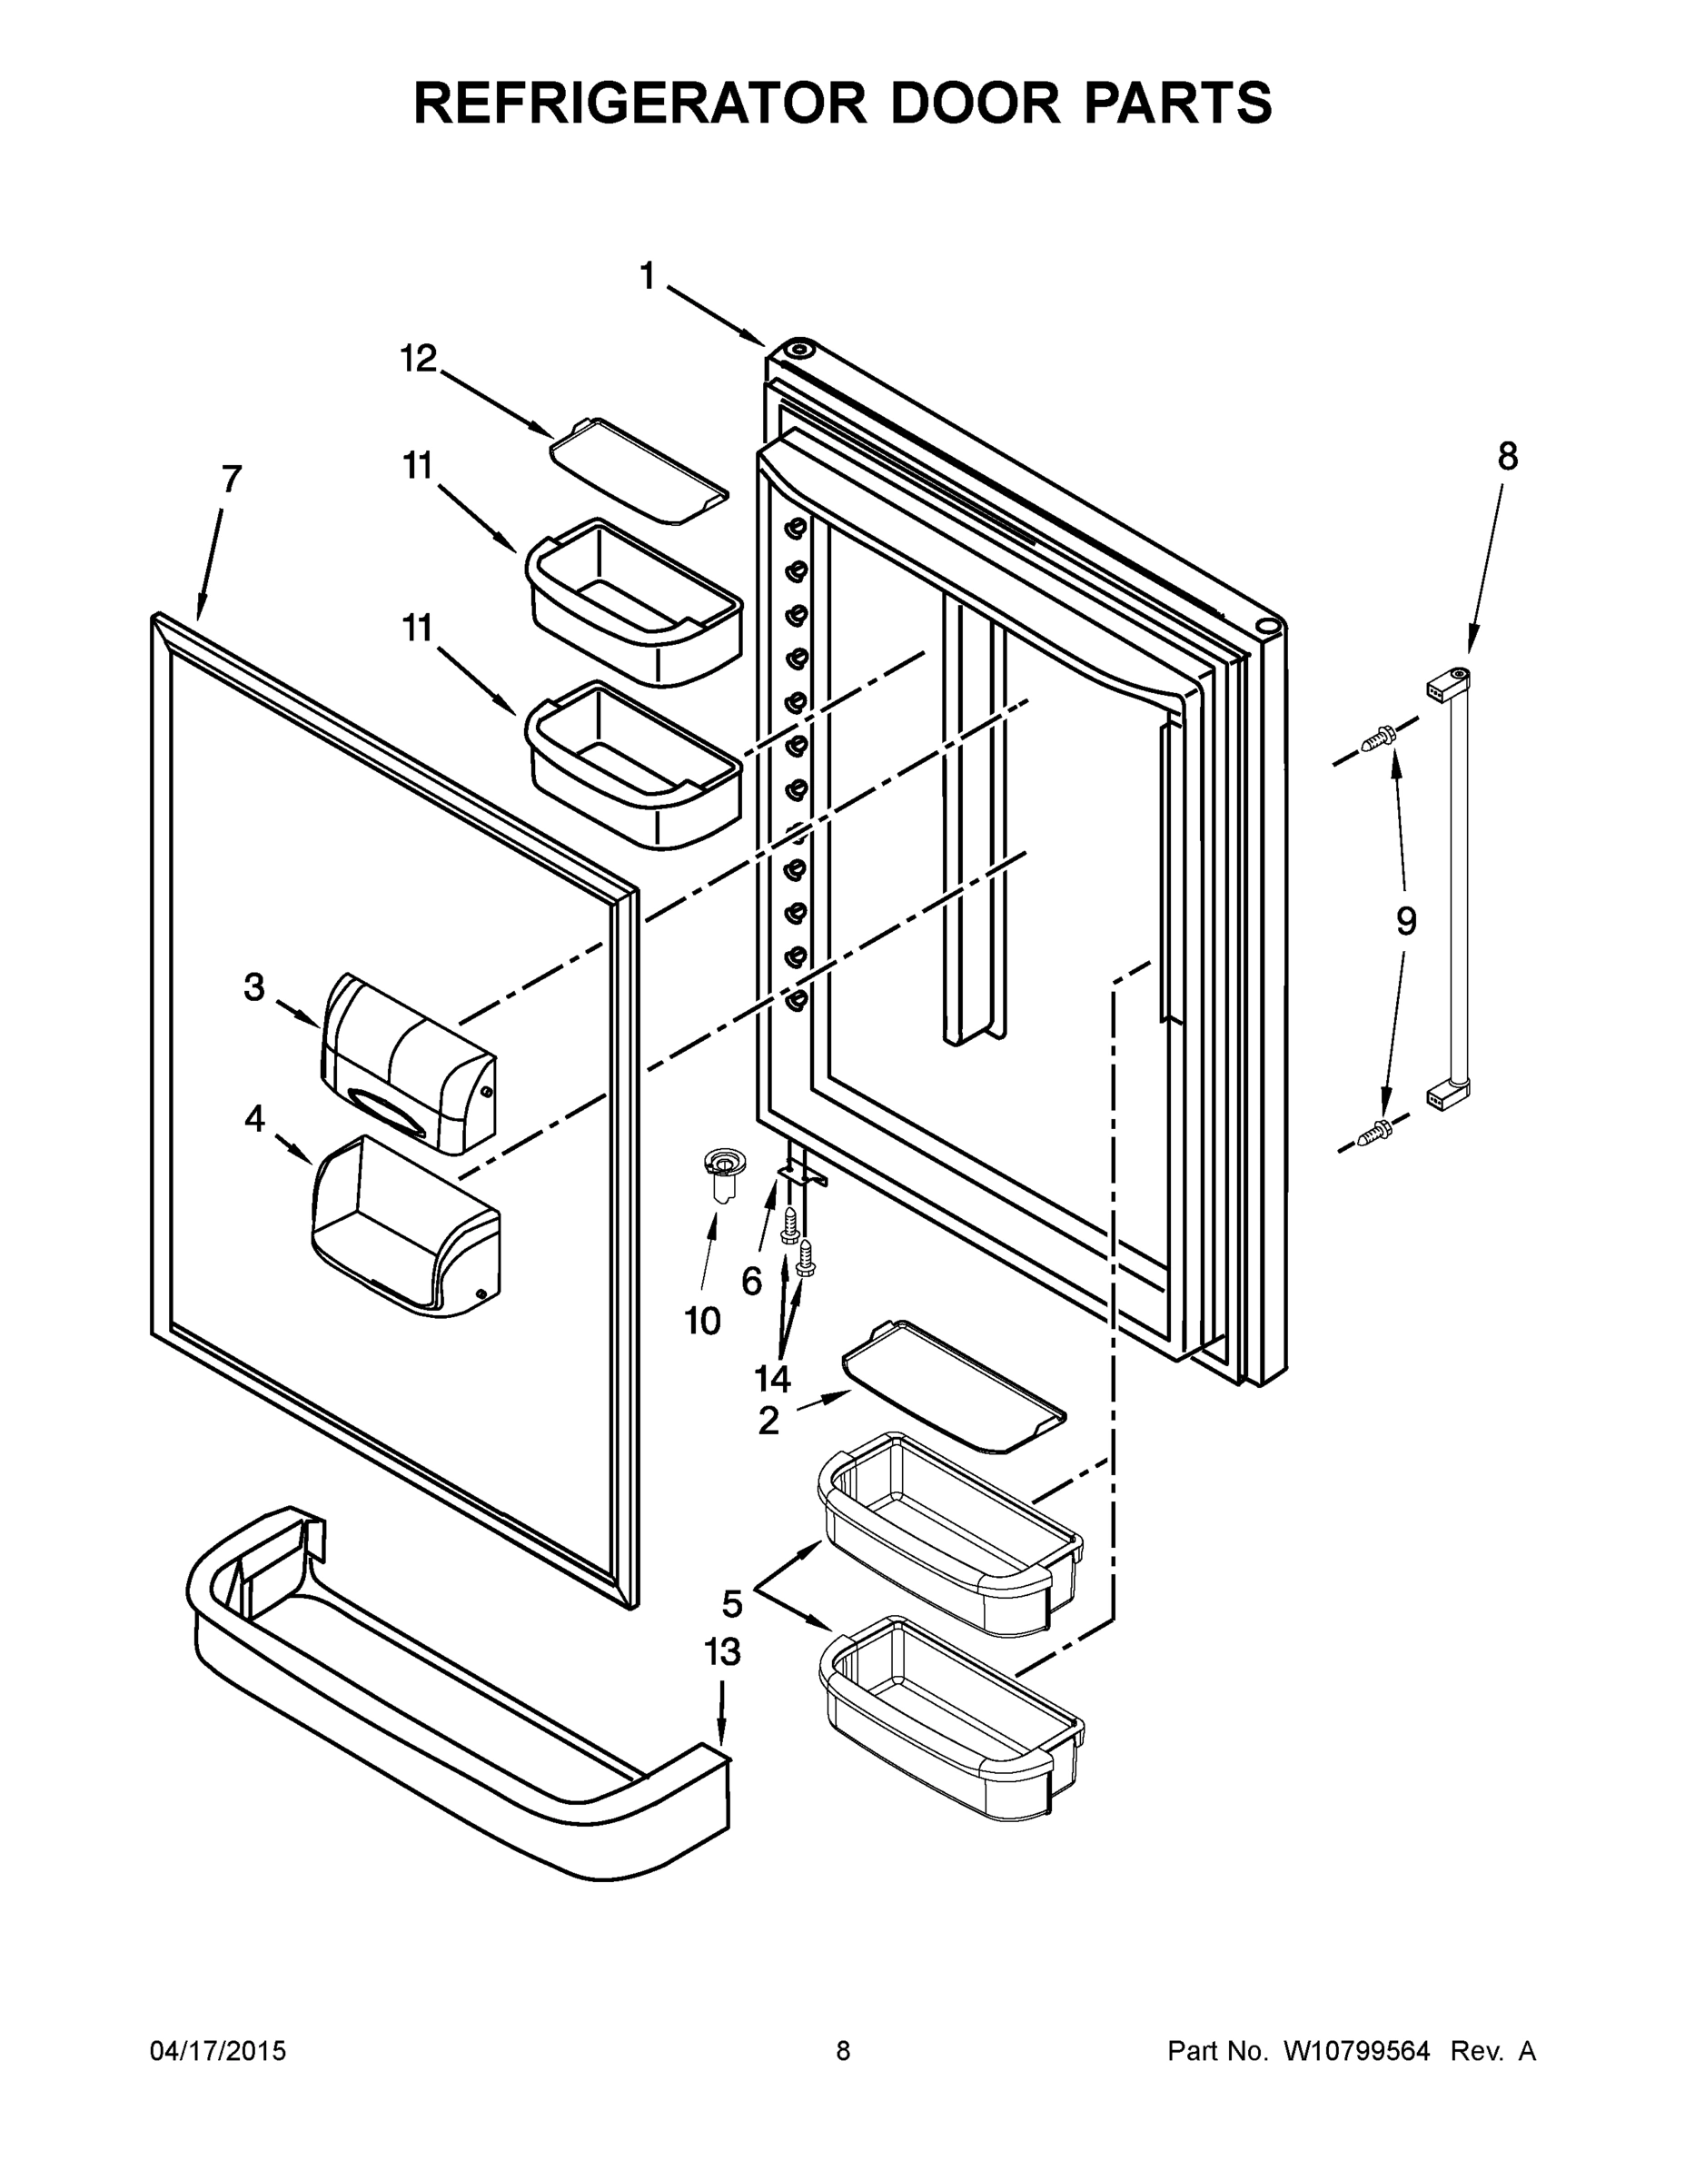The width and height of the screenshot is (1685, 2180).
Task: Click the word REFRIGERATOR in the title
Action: click(x=639, y=103)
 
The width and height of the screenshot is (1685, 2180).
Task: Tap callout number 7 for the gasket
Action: click(x=231, y=481)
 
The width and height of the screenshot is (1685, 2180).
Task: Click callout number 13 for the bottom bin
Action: click(x=722, y=1652)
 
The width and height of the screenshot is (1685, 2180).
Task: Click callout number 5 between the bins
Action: click(x=732, y=1604)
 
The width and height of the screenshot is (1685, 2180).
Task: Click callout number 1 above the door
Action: click(x=648, y=276)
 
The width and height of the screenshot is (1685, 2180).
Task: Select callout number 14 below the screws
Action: click(x=771, y=1380)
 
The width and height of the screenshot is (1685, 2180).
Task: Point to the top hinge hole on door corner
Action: click(x=799, y=351)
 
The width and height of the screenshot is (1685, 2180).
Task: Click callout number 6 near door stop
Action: click(x=751, y=1281)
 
